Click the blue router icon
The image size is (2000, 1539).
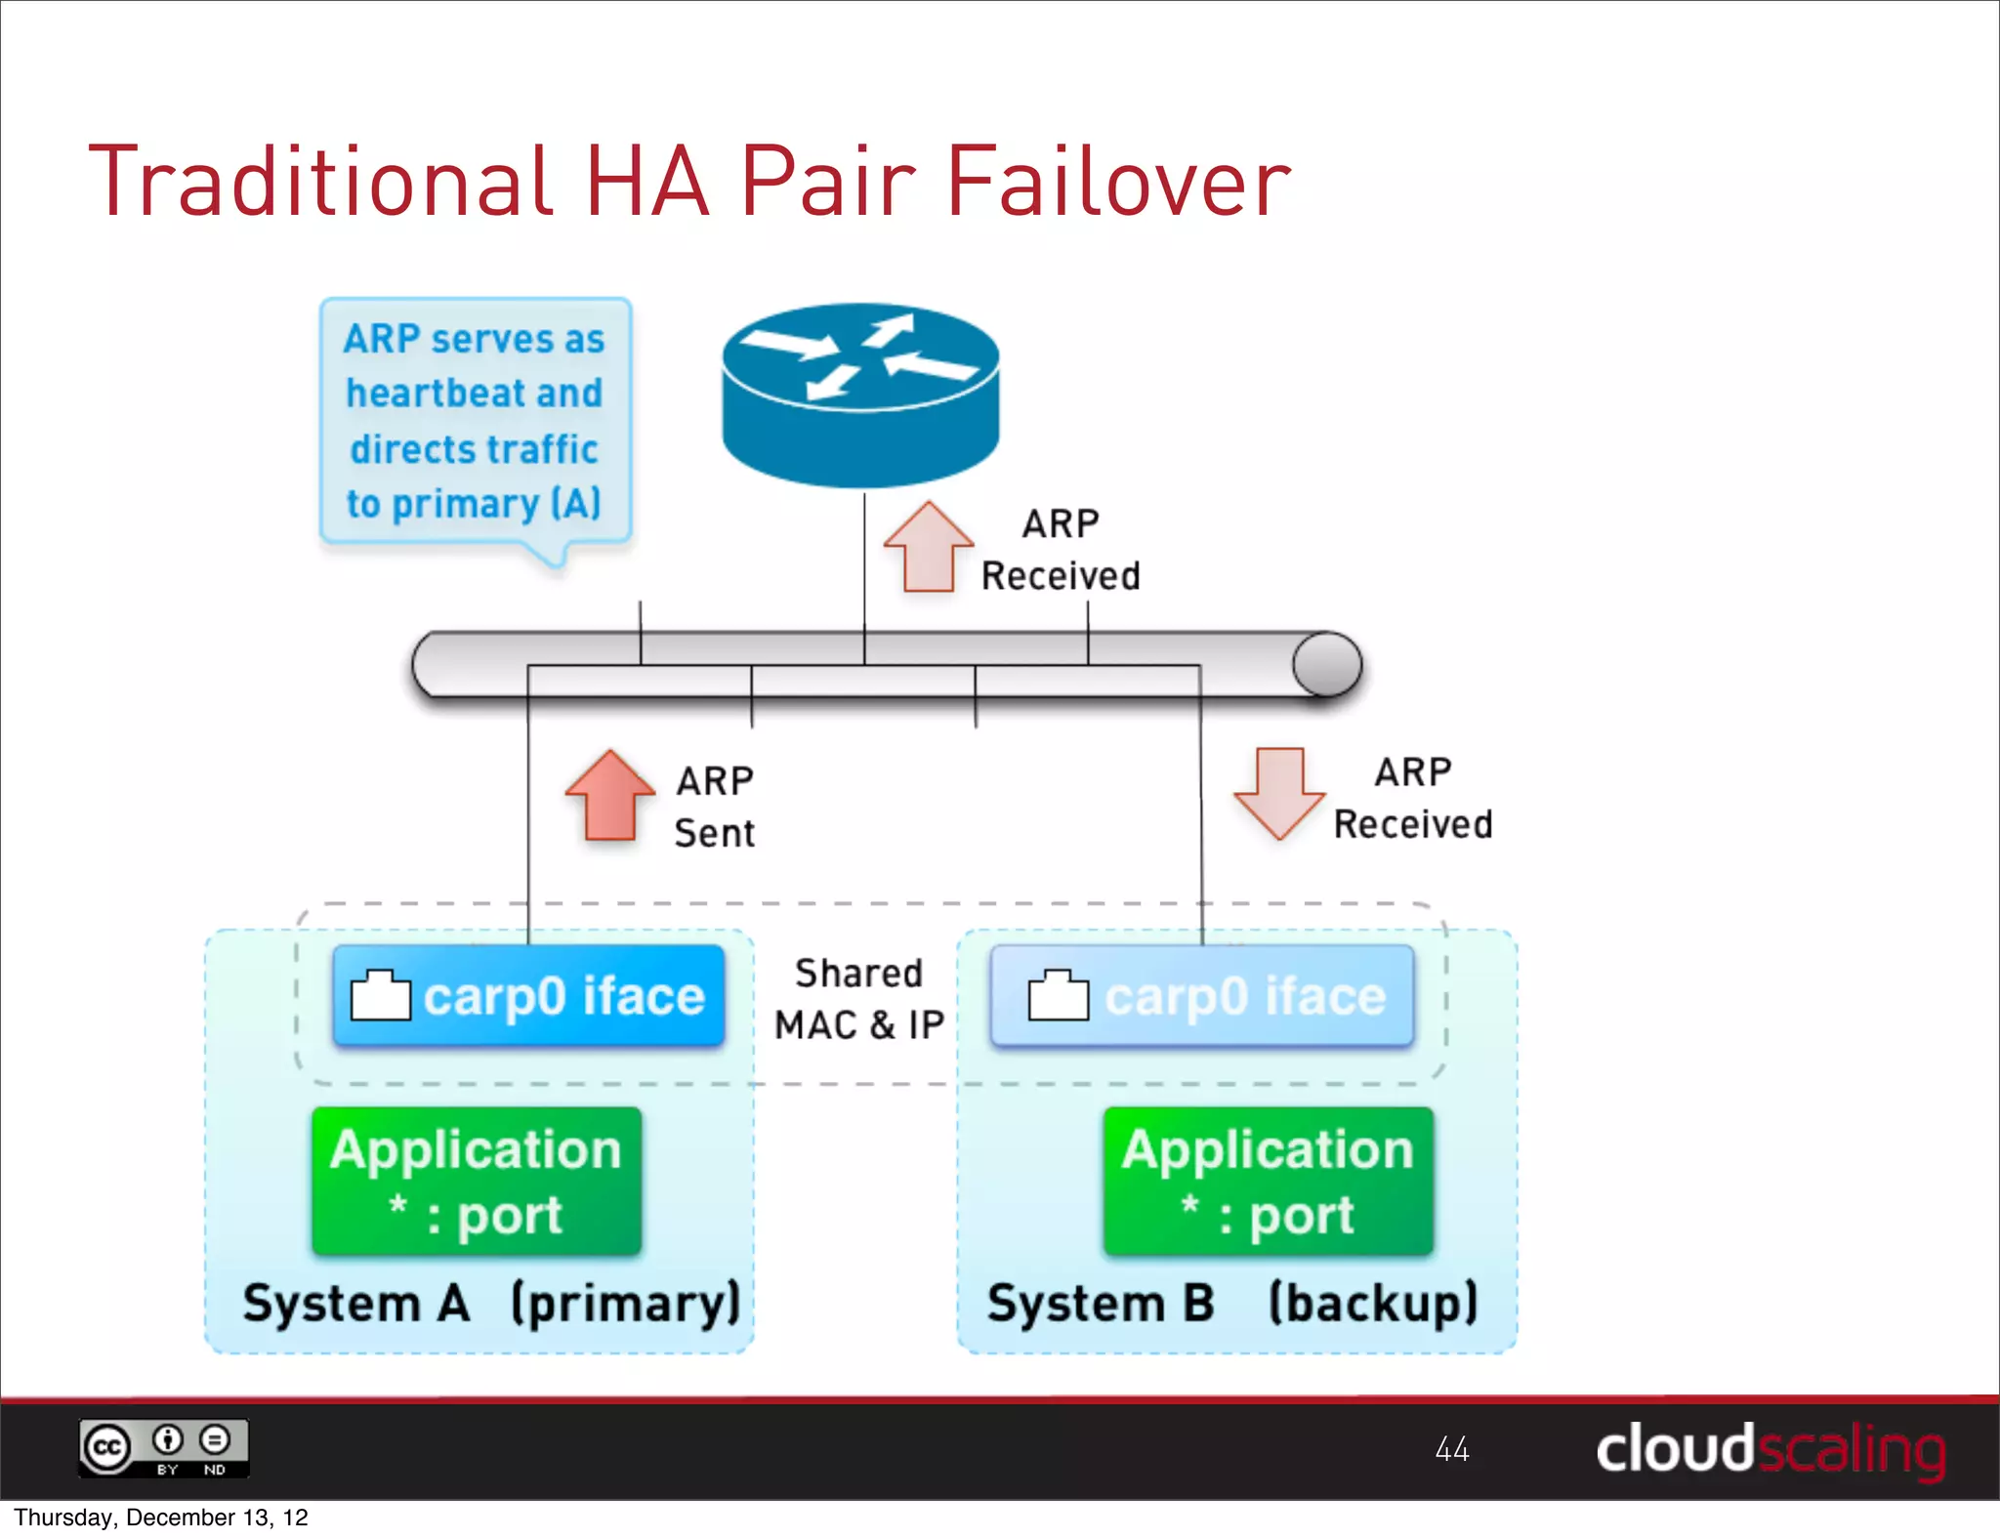[860, 395]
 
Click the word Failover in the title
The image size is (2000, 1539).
[1118, 182]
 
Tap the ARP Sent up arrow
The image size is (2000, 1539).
[610, 796]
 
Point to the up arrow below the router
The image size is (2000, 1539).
[929, 548]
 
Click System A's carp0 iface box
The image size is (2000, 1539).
[528, 996]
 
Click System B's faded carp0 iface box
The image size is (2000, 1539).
[1202, 996]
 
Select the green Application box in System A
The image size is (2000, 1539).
[477, 1181]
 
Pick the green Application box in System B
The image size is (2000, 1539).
[1268, 1181]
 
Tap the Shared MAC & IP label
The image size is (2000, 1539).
[858, 999]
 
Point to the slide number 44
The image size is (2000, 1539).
[1452, 1449]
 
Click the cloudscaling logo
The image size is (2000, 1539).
[1770, 1449]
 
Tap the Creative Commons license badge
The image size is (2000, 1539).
[163, 1448]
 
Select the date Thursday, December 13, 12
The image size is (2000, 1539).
[161, 1518]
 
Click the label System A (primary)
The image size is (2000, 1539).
[491, 1304]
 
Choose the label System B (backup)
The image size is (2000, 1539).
[1232, 1304]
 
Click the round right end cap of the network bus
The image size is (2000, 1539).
[1327, 664]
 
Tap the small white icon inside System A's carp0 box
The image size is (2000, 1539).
[380, 996]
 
